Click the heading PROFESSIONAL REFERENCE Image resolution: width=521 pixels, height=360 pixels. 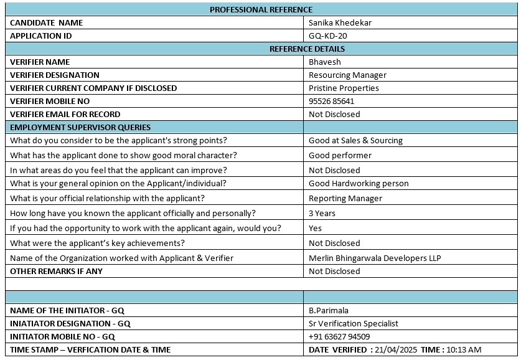261,9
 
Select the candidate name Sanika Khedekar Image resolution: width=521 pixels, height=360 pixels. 340,22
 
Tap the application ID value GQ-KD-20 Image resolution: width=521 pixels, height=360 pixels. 328,36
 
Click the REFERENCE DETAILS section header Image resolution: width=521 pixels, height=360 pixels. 307,49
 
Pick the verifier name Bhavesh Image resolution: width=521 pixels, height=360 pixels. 325,62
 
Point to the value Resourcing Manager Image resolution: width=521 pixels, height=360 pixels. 347,75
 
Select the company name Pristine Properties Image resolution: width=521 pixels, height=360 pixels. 344,88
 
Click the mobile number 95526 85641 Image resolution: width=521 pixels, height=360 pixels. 332,101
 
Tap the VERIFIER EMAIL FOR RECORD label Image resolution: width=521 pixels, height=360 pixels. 65,114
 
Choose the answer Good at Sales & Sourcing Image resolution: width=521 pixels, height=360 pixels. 355,140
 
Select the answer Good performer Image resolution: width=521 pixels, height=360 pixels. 340,155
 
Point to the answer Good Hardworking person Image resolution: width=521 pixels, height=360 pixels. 359,183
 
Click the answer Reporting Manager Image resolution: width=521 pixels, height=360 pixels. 345,198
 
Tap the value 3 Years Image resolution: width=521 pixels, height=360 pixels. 322,213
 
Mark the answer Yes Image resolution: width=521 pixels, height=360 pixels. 315,228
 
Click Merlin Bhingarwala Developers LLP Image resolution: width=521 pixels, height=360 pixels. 375,258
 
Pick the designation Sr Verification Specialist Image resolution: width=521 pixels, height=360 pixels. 354,323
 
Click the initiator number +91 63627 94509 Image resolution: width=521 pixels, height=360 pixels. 339,336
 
